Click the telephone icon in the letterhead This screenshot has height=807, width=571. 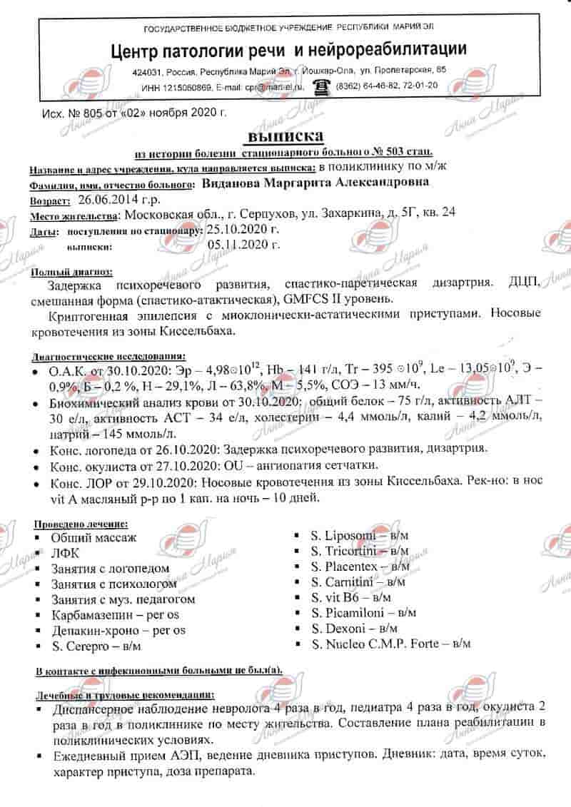click(x=323, y=86)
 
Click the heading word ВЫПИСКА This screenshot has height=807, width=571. click(x=285, y=136)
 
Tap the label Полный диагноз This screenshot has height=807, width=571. click(x=71, y=272)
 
